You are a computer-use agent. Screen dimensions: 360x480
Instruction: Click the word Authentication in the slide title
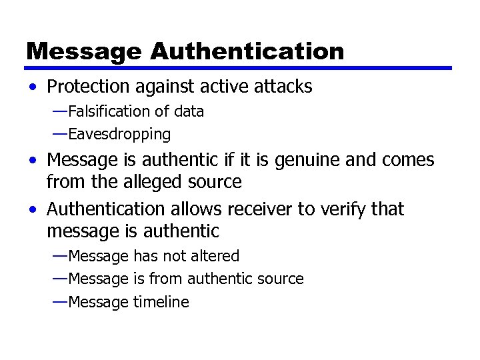click(x=247, y=51)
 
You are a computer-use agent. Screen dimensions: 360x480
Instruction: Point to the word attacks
click(x=281, y=87)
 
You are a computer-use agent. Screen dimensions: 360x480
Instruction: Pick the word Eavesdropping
click(x=119, y=135)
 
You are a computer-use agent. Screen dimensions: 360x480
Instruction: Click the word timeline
click(x=161, y=302)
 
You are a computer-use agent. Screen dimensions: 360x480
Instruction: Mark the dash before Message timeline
click(x=59, y=301)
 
